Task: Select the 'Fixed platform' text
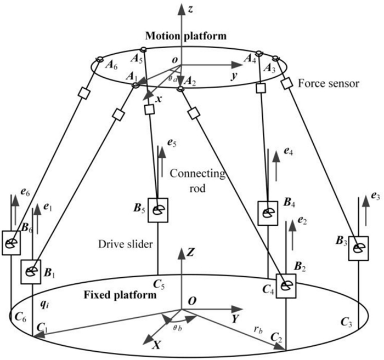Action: point(117,295)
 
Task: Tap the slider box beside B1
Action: point(31,271)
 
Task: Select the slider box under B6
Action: point(11,242)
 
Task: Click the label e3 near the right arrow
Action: point(374,196)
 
